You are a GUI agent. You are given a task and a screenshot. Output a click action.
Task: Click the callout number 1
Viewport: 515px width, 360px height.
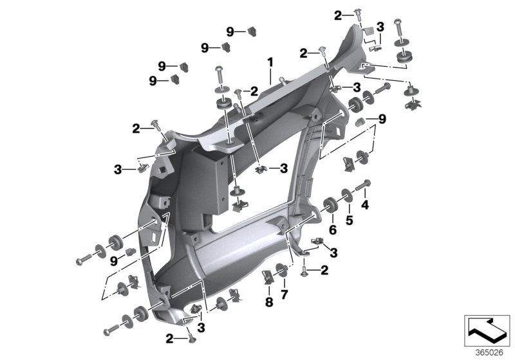[270, 62]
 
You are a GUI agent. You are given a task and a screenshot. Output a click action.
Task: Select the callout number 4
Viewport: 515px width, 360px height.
[365, 205]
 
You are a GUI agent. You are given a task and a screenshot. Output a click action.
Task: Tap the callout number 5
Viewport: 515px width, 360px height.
[349, 221]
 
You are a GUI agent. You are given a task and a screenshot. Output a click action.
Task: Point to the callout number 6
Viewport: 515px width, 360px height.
[333, 230]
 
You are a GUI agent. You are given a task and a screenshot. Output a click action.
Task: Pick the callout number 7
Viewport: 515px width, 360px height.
[284, 294]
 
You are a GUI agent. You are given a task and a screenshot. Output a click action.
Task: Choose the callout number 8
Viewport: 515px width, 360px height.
[269, 302]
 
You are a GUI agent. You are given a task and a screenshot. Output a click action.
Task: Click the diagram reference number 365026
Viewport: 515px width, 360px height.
[489, 353]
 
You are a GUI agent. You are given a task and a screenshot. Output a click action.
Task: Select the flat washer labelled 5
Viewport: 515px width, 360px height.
[347, 195]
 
